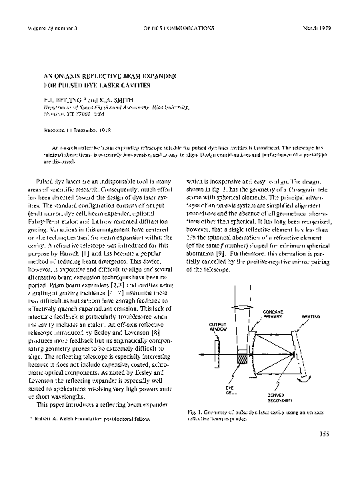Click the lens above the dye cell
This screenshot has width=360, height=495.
click(237, 338)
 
